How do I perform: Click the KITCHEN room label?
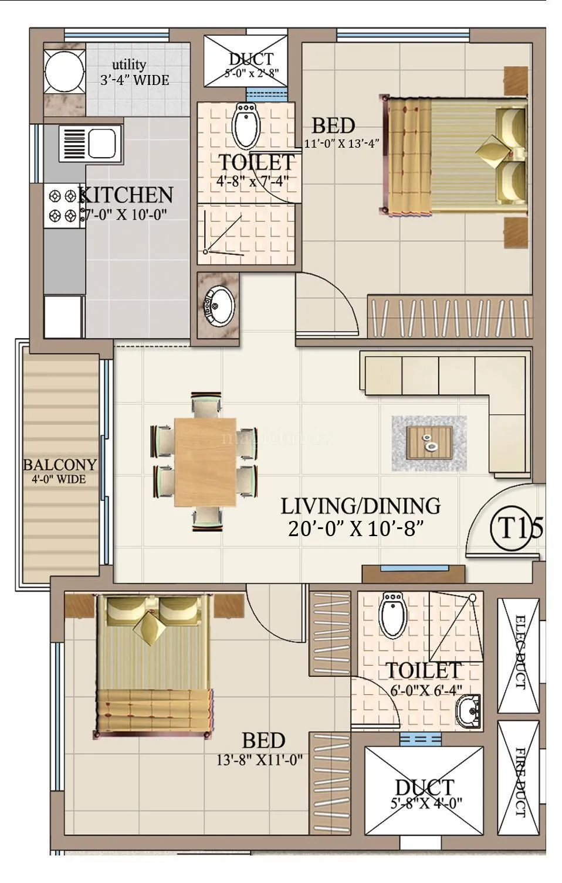(126, 195)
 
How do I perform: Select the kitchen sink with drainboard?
(87, 142)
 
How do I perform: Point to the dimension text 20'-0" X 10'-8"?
(356, 529)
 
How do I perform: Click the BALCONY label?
(60, 465)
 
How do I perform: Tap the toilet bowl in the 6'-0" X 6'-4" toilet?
(391, 615)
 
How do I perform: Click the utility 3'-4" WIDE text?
(134, 80)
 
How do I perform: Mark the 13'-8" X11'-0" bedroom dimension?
(259, 760)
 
